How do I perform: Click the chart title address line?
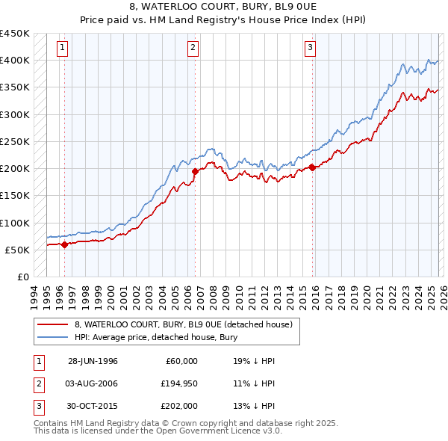(223, 7)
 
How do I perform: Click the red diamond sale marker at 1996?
(64, 244)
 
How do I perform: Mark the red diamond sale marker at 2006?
(195, 171)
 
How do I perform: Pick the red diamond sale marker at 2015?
(312, 167)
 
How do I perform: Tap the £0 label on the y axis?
(22, 277)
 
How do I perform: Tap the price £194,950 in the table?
(177, 383)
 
